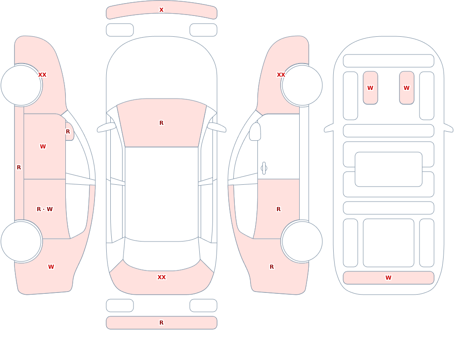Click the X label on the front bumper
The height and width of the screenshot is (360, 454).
pyautogui.click(x=161, y=10)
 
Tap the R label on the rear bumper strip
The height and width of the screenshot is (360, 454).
pyautogui.click(x=161, y=323)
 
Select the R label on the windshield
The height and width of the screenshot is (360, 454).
pyautogui.click(x=161, y=123)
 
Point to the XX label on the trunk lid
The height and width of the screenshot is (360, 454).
pyautogui.click(x=161, y=277)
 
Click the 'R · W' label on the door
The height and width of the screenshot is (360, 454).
pyautogui.click(x=44, y=209)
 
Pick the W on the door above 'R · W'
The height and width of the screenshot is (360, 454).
pyautogui.click(x=43, y=147)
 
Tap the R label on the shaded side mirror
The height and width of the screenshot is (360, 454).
pyautogui.click(x=68, y=132)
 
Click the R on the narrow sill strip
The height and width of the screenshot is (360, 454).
pyautogui.click(x=19, y=168)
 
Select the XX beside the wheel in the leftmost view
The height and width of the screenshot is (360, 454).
pyautogui.click(x=42, y=75)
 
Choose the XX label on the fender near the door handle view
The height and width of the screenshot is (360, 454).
pyautogui.click(x=281, y=75)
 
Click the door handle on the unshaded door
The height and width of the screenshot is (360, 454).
pyautogui.click(x=264, y=168)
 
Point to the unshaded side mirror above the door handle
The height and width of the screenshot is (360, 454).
pyautogui.click(x=255, y=132)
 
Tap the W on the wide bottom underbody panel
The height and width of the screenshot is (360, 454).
pyautogui.click(x=388, y=278)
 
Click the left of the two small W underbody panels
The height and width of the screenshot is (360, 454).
pyautogui.click(x=370, y=88)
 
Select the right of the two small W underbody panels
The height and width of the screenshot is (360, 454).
pyautogui.click(x=406, y=88)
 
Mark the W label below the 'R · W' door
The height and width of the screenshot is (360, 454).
pyautogui.click(x=51, y=267)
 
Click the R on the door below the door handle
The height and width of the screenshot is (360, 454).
pyautogui.click(x=279, y=209)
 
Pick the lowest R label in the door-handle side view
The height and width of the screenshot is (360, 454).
pyautogui.click(x=271, y=267)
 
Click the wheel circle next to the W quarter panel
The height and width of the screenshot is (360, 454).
pyautogui.click(x=21, y=241)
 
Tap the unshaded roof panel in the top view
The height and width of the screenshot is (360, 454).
pyautogui.click(x=162, y=193)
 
